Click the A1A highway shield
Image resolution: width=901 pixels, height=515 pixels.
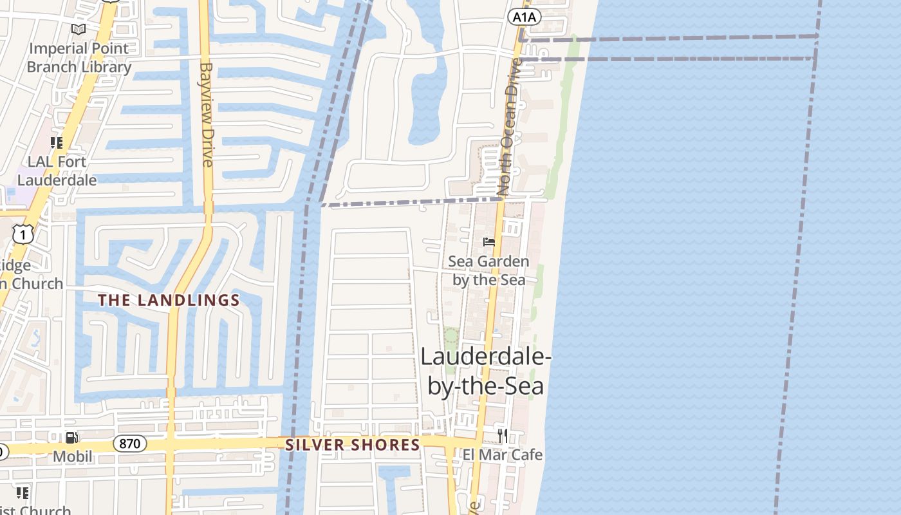coord(524,17)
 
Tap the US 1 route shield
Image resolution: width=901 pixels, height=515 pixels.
coord(23,236)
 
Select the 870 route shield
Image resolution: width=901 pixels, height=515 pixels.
coord(129,444)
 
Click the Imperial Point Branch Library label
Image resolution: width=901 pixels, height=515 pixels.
coord(79,57)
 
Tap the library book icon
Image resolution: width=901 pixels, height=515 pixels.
coord(79,30)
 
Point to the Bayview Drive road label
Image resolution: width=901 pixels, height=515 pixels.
coord(207,114)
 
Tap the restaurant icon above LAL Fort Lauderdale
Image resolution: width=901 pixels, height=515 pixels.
coord(57,143)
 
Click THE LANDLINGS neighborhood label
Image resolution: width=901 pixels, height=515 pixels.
coord(169,300)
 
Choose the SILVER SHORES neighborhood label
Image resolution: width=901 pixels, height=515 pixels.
coord(353,445)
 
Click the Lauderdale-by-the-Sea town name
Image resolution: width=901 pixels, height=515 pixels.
coord(486,371)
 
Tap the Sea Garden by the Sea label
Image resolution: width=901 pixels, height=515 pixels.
coord(488,270)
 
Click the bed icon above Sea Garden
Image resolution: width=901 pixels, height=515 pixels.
coord(489,242)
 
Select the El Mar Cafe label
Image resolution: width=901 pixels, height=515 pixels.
coord(503,454)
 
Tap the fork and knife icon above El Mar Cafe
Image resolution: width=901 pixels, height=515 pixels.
coord(503,435)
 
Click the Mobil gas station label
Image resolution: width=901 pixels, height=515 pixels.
coord(72,456)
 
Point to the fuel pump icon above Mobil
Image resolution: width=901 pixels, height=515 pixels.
coord(72,438)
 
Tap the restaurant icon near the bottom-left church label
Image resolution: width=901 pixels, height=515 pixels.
coord(23,493)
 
